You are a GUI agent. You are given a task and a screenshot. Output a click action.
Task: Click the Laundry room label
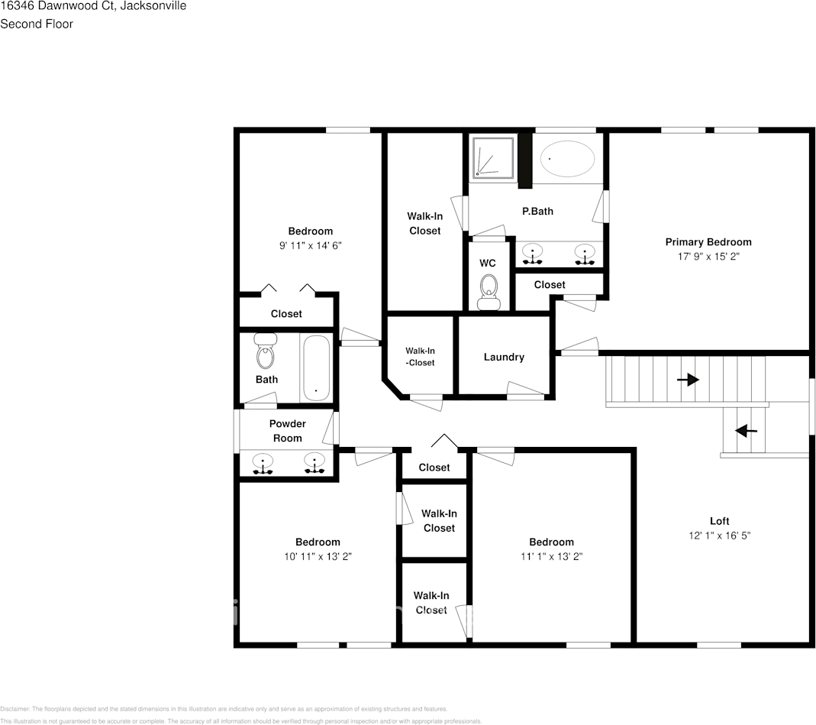(x=504, y=357)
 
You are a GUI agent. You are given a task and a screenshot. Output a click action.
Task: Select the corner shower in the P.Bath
(x=493, y=158)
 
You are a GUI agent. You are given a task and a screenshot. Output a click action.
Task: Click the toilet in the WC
(x=488, y=291)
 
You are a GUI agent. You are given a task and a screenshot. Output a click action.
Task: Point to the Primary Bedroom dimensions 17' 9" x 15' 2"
(x=708, y=257)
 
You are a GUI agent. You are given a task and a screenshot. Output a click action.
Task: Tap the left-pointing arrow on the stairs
(x=746, y=431)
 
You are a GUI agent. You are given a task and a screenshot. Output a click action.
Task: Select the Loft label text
(x=719, y=521)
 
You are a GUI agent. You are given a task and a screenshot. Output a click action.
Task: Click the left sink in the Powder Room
(x=263, y=463)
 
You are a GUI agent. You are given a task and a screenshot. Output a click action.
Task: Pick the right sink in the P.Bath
(x=585, y=253)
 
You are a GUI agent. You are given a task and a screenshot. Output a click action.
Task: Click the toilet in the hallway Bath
(x=265, y=352)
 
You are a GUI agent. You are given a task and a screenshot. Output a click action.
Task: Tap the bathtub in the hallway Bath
(x=316, y=367)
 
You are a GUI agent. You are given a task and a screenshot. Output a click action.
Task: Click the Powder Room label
(x=287, y=431)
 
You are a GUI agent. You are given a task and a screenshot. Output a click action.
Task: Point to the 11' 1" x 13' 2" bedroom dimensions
(x=551, y=556)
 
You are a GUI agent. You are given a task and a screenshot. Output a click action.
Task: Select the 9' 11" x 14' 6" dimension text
(x=310, y=245)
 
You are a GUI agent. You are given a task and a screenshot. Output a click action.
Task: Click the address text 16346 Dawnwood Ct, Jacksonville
(x=93, y=6)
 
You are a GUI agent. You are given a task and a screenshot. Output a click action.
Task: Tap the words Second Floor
(x=37, y=24)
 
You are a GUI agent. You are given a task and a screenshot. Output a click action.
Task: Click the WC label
(x=488, y=263)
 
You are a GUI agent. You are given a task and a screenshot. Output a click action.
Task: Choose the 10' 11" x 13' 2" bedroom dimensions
(x=318, y=556)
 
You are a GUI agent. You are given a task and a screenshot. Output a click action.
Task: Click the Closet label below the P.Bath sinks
(x=550, y=284)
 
